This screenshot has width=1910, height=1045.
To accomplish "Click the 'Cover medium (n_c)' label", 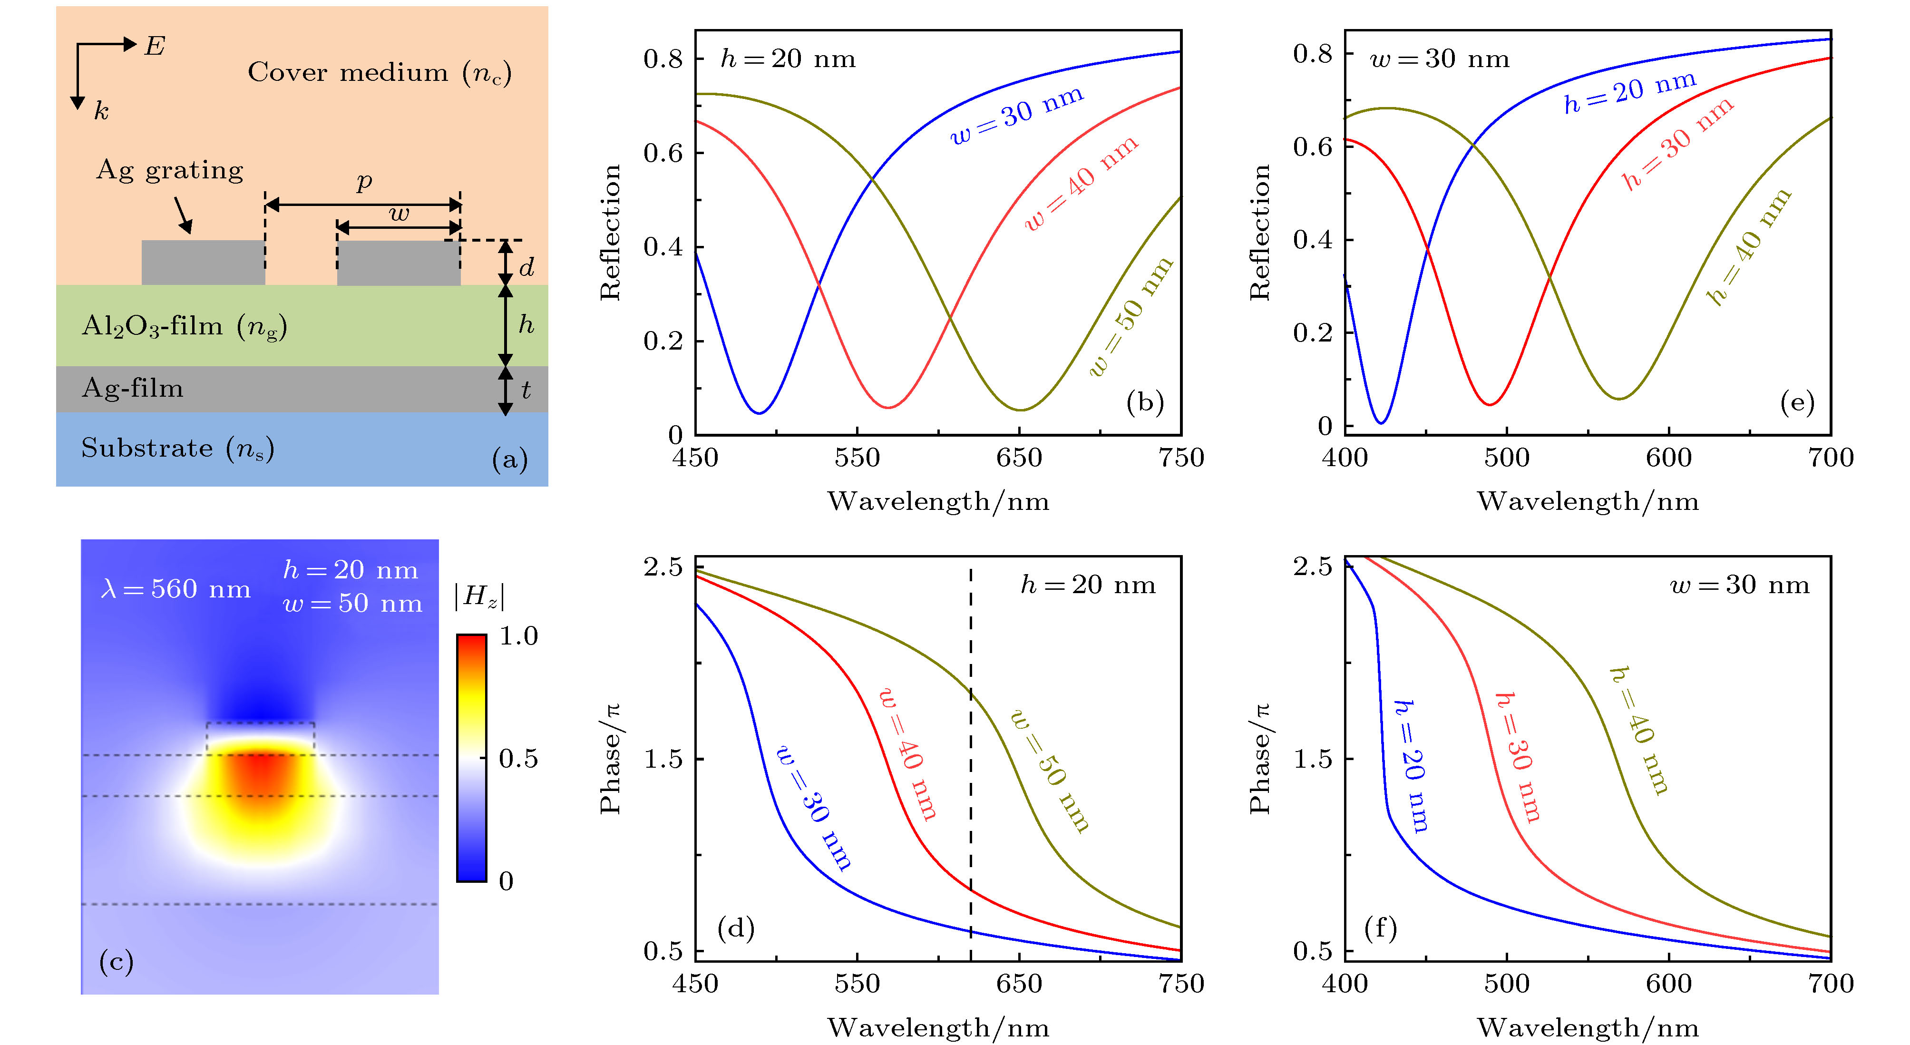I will click(x=379, y=73).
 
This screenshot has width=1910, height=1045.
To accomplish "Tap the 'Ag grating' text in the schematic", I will click(x=170, y=171).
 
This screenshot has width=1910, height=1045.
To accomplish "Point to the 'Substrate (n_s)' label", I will click(x=178, y=449).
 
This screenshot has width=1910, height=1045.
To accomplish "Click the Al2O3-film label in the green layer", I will click(x=184, y=326).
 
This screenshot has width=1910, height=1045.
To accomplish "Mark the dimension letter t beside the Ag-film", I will click(x=526, y=390).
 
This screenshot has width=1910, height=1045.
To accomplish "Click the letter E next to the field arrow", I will click(x=154, y=47).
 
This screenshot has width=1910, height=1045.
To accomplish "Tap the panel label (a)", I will click(x=509, y=460).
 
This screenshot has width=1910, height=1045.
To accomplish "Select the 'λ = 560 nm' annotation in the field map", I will click(x=175, y=590).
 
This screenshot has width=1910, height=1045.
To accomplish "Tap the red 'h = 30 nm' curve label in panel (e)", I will click(x=1677, y=143).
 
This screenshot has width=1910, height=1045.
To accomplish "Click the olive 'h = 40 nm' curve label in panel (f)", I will click(x=1638, y=731).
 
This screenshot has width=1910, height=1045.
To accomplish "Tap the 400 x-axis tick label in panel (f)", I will click(x=1344, y=984).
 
